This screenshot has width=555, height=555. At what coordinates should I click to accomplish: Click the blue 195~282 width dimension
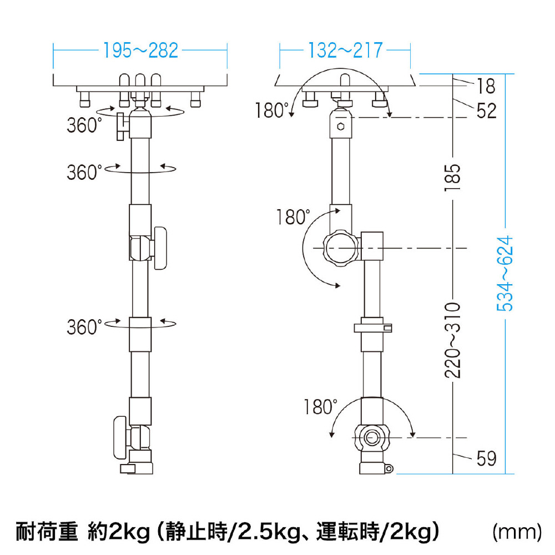point(140,51)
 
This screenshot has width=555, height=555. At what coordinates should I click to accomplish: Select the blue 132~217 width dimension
point(345,51)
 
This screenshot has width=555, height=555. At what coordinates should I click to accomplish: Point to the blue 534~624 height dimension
point(505,274)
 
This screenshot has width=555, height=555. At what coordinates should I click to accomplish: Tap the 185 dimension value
point(453,178)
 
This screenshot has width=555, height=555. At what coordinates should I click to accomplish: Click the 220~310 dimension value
point(453,341)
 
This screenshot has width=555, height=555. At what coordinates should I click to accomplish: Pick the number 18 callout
point(486,86)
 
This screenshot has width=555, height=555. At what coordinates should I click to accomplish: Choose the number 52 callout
point(486,111)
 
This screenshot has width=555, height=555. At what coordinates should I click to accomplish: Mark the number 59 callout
point(486,458)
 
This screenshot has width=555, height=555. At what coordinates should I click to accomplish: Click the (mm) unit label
point(517,532)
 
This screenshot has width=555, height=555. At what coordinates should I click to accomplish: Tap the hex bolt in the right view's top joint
point(341,127)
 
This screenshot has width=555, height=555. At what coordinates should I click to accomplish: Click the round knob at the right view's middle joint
point(341,248)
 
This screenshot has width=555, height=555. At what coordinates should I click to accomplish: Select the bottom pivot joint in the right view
point(371,437)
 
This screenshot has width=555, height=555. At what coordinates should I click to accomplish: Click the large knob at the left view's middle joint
point(160,249)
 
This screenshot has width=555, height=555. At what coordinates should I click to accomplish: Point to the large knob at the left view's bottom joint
point(120,438)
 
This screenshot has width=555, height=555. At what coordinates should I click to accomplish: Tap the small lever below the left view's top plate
point(121,127)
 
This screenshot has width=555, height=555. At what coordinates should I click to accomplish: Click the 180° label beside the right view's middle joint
point(292,217)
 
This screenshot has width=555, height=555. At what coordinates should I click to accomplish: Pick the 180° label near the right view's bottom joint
point(320,407)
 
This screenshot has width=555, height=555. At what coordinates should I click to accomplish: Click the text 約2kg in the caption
point(119,532)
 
